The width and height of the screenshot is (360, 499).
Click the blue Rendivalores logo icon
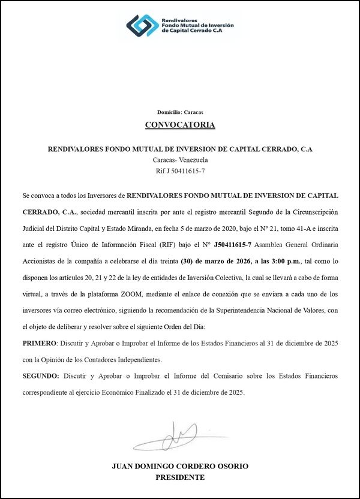coord(143,25)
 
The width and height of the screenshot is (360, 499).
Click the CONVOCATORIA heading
coord(180,125)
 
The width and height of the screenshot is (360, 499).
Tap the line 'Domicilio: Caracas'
coord(180,112)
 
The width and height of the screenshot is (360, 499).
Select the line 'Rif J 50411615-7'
coord(180,172)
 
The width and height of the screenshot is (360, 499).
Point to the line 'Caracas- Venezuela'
coord(180,160)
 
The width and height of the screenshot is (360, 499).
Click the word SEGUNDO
coord(40,375)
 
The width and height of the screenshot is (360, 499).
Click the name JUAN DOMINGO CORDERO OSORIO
coord(180,466)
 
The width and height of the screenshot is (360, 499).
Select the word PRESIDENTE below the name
coord(180,477)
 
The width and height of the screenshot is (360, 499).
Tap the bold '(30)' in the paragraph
coord(189,261)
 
